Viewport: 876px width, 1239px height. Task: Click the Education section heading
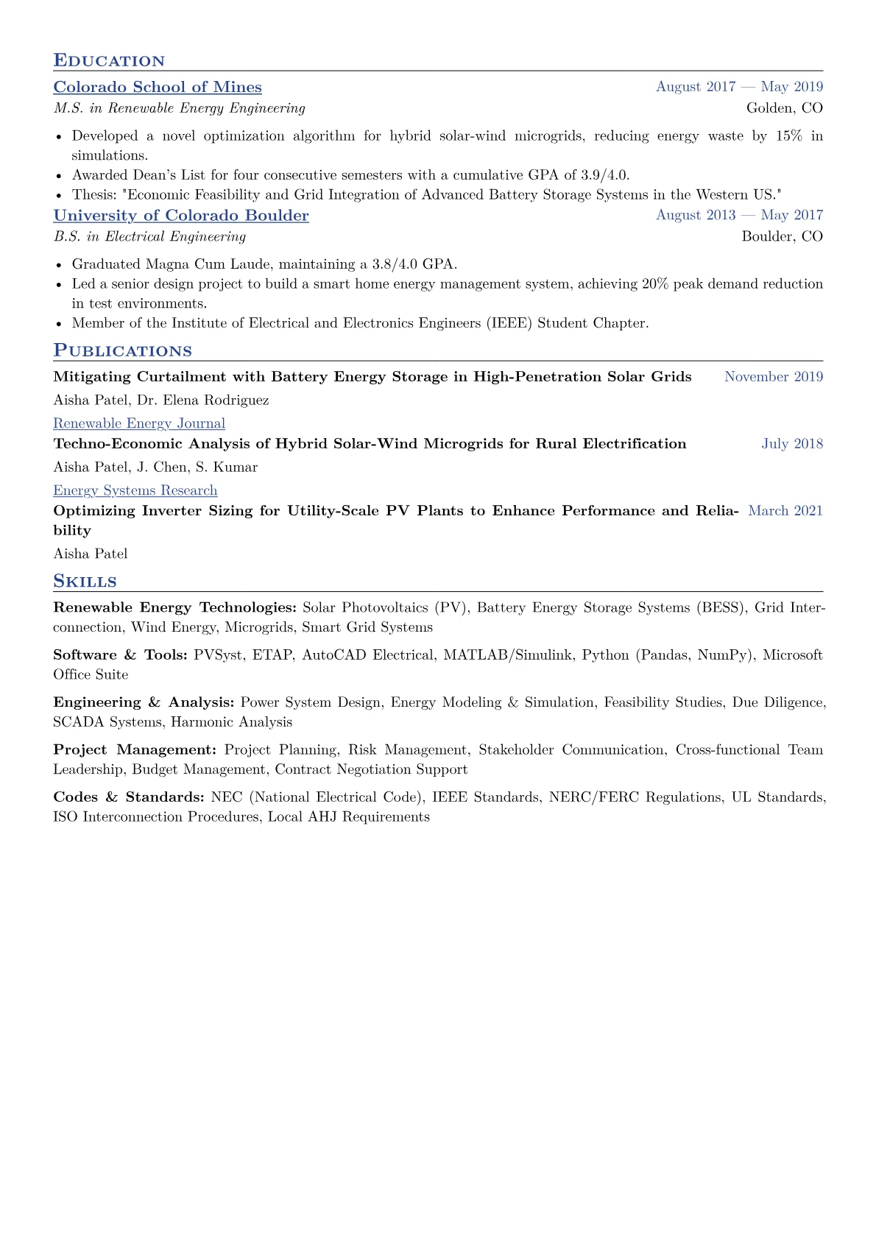click(109, 61)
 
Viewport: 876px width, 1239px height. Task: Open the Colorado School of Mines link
click(158, 87)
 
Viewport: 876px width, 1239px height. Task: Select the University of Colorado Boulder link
click(181, 215)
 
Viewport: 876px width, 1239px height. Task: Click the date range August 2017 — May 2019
click(739, 87)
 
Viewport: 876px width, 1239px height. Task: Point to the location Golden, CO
click(784, 108)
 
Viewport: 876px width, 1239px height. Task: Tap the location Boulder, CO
click(782, 236)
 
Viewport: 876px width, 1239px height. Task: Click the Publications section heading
click(122, 351)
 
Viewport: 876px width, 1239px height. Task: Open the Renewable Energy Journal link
click(139, 423)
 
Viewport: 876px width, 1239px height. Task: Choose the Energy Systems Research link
click(135, 490)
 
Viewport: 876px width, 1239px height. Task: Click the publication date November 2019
click(774, 377)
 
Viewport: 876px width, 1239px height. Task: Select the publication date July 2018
click(792, 444)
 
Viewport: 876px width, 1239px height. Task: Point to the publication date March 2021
click(785, 511)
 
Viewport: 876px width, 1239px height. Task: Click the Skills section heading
click(85, 582)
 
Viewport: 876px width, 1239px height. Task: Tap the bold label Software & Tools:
click(120, 655)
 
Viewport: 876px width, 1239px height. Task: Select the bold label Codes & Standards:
click(129, 797)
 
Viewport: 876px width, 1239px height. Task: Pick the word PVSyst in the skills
click(218, 655)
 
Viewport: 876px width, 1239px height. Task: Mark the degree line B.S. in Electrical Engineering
click(149, 236)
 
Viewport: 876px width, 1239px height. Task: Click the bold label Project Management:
click(135, 750)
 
